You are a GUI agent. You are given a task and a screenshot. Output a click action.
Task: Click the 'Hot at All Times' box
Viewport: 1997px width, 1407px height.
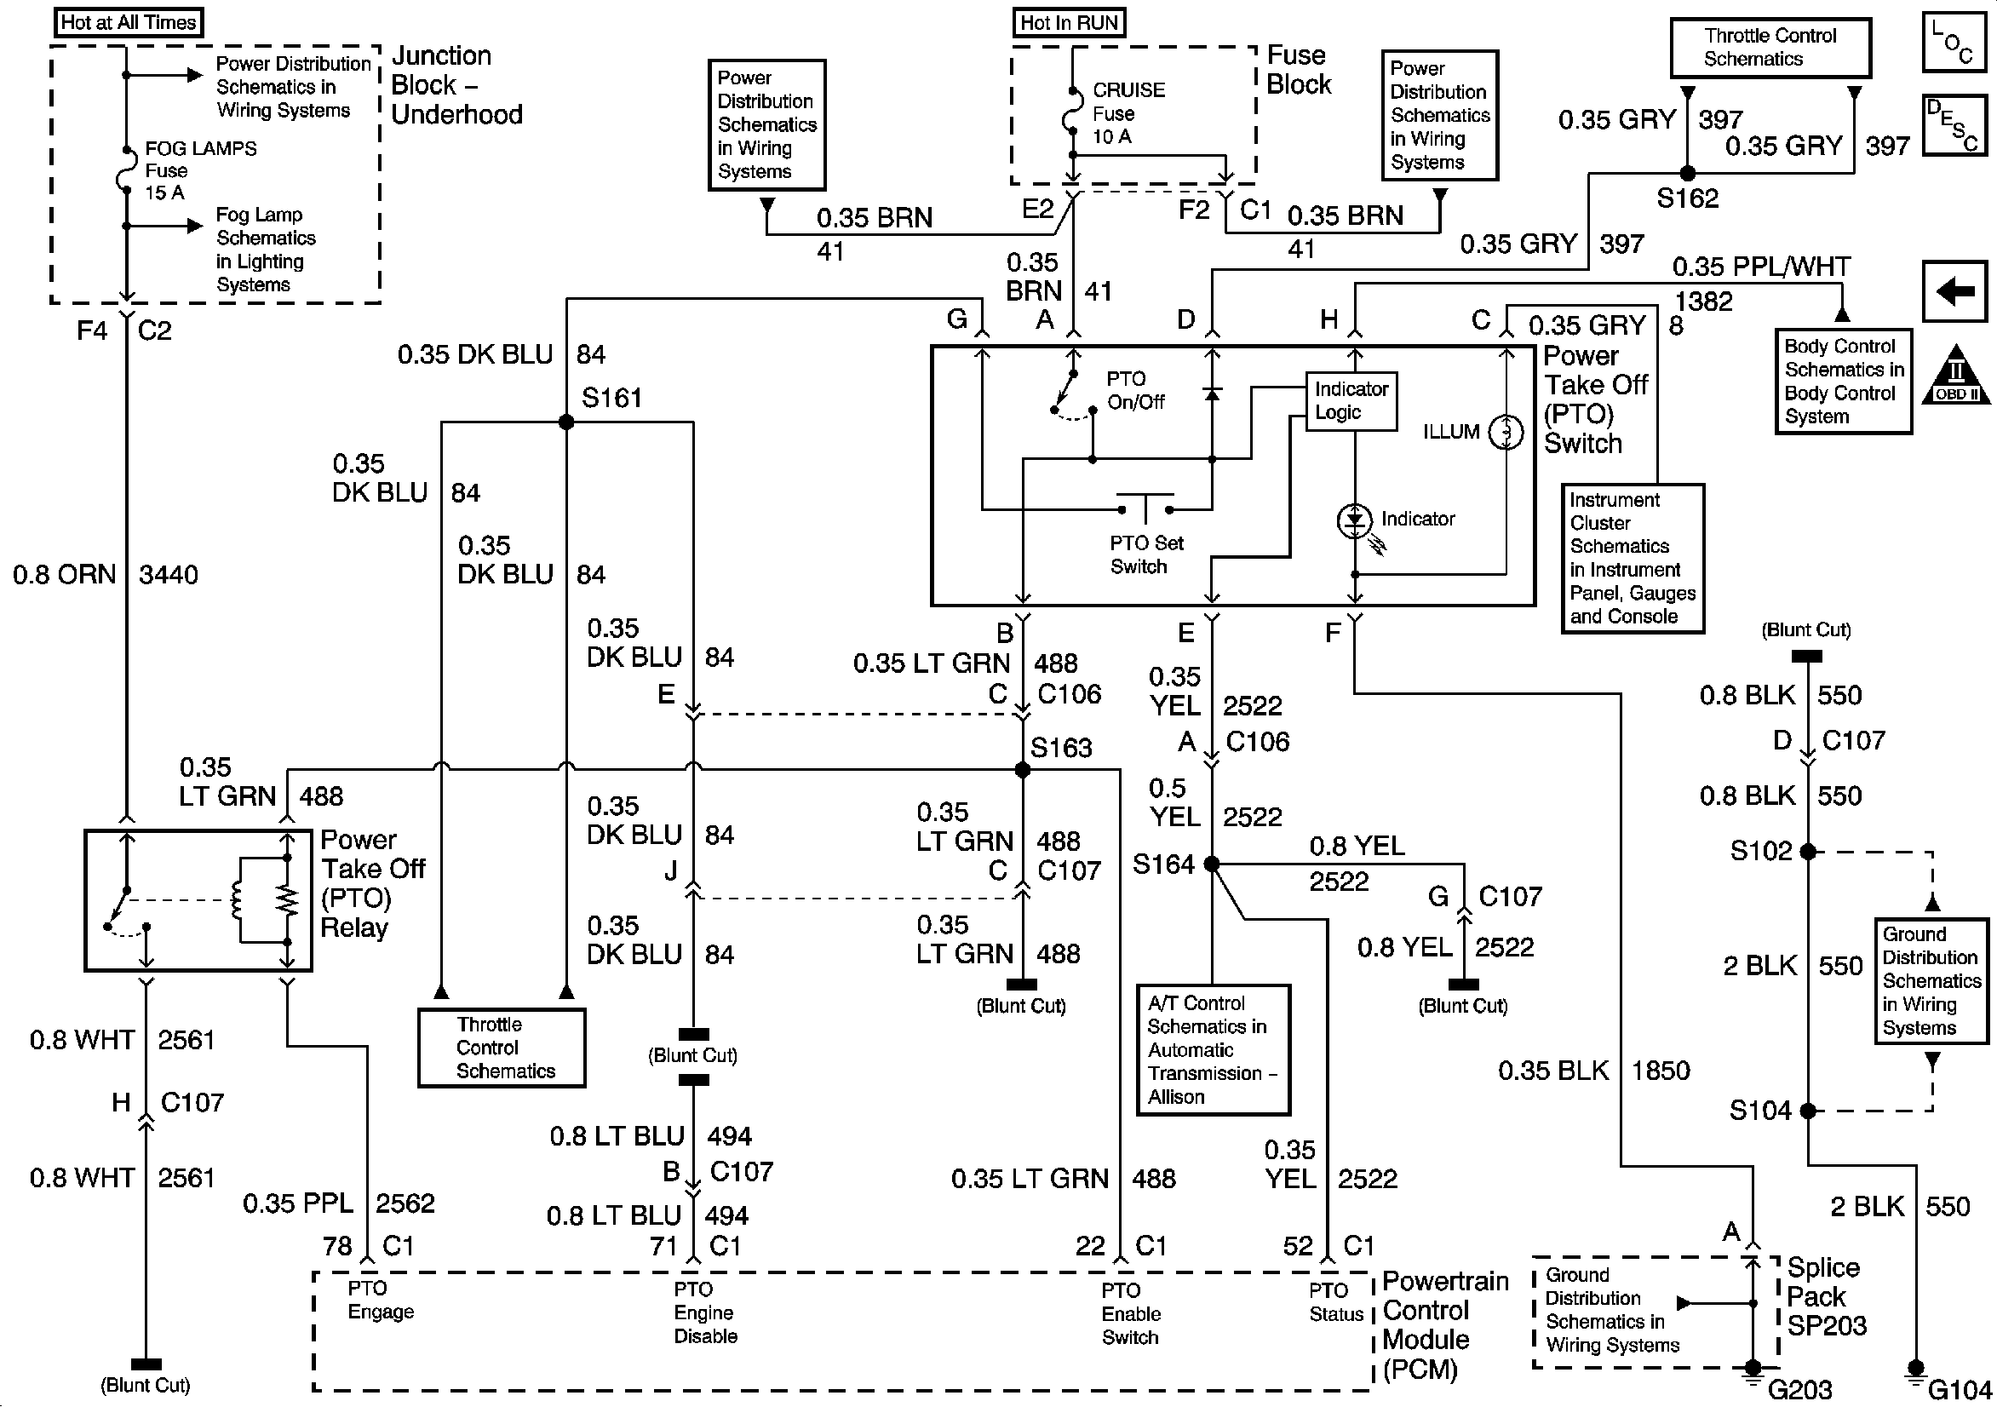128,23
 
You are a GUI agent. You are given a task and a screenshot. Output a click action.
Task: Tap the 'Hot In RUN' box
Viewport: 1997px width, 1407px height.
1069,23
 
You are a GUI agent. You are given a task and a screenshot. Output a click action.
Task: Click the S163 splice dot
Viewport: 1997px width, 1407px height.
1023,770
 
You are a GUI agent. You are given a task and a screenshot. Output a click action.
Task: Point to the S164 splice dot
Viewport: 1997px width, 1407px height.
1212,864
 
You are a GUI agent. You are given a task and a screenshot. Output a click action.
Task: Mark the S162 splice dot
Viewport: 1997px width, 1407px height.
1687,173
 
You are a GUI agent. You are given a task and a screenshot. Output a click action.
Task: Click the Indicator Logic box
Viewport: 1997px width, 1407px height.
1351,401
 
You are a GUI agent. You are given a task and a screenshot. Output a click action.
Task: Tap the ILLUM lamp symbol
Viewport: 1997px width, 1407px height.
1506,432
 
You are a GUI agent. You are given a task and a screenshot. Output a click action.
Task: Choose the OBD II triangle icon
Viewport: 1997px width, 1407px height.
1956,376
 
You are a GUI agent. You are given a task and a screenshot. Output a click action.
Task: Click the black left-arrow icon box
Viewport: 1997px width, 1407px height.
1955,291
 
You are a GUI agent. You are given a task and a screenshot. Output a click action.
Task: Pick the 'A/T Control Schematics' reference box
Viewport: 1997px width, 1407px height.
1213,1049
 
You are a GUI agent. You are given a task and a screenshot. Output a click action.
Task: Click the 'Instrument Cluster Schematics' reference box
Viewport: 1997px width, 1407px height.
1632,559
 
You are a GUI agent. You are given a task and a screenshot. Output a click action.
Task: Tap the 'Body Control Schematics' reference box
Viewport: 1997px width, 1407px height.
1843,381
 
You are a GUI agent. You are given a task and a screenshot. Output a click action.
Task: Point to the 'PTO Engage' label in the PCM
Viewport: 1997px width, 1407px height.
380,1300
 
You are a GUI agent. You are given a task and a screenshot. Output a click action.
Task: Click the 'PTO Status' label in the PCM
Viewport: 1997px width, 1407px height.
1336,1302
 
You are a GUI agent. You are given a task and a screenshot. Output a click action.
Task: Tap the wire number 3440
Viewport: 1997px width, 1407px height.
169,574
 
